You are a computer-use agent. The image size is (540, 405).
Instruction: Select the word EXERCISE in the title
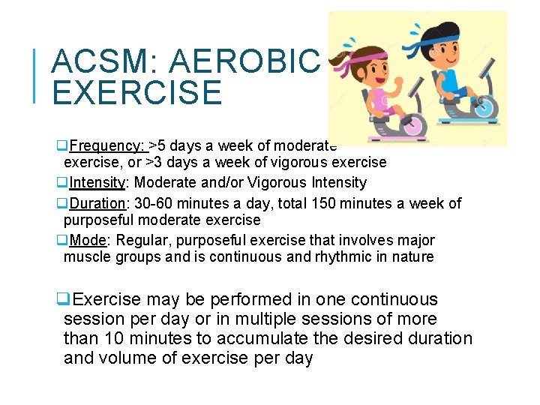137,94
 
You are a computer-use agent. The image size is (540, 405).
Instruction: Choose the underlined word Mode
86,240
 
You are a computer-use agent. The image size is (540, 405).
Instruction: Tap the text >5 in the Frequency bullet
157,145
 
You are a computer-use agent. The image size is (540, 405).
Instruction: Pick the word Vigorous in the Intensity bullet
292,182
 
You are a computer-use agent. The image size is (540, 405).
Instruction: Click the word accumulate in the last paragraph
256,339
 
